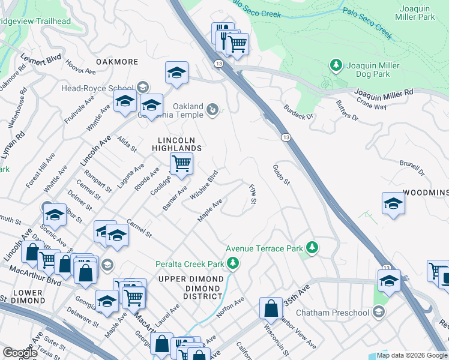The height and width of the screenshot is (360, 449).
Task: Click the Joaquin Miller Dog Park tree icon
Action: coord(336,65)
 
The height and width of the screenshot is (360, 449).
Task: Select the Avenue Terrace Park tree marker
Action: coord(312,248)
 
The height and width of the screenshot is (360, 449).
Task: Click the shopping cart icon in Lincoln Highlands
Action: coord(181,163)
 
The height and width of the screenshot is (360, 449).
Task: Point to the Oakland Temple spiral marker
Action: coord(212,110)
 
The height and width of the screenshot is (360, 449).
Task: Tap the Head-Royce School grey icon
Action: coord(142,88)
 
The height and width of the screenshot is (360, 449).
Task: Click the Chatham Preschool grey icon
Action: coord(378,312)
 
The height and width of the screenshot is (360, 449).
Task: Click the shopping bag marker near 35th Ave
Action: coord(271,308)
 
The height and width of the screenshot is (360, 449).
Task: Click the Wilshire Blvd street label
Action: coord(203,187)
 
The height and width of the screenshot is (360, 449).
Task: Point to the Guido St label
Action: coord(281,175)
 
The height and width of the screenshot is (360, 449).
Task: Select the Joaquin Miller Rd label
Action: coord(384,93)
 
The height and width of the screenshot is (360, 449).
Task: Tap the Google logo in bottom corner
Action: coord(20,353)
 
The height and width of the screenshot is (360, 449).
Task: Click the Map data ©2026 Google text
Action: coord(412,355)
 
